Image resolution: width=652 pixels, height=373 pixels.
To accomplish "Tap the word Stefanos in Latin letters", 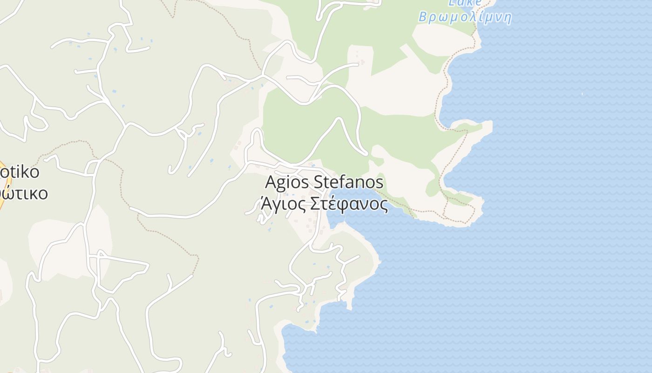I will pyautogui.click(x=348, y=182).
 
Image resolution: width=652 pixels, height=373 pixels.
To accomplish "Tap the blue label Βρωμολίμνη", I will pyautogui.click(x=465, y=18).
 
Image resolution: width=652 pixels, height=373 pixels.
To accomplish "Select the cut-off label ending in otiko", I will pyautogui.click(x=20, y=172).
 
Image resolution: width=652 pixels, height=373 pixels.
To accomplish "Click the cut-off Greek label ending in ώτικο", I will pyautogui.click(x=23, y=193).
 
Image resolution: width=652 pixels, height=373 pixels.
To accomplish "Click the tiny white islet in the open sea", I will pyautogui.click(x=582, y=94).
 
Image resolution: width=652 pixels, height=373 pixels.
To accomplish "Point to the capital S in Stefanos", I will pyautogui.click(x=318, y=182).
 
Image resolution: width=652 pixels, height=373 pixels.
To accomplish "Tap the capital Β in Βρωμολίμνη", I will pyautogui.click(x=422, y=18).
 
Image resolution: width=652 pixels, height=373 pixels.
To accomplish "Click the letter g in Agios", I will pyautogui.click(x=280, y=183).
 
